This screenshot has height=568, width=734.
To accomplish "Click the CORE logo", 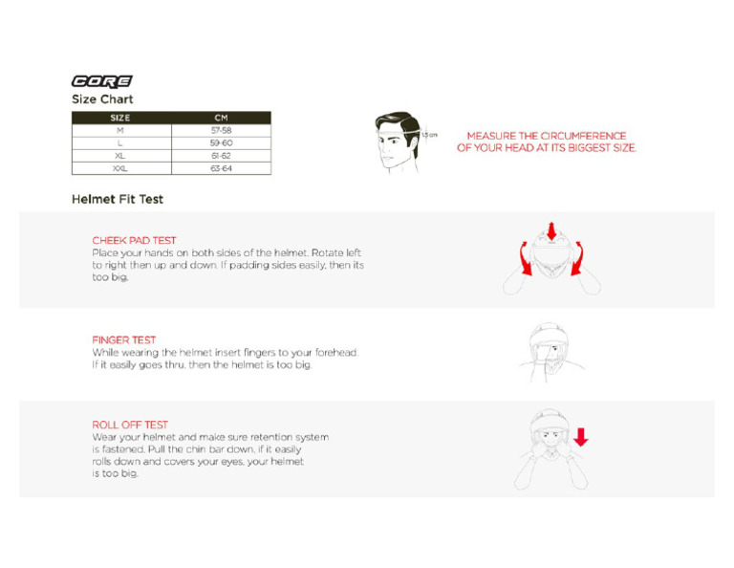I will (102, 81).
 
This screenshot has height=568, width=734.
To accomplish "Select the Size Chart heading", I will (102, 99).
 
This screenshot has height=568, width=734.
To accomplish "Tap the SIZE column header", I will (120, 119).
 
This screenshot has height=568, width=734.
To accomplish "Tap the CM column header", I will (221, 119).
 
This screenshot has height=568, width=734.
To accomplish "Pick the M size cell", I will (120, 130).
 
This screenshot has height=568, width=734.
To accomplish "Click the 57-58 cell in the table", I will (221, 130).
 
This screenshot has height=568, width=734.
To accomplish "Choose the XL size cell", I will (120, 155).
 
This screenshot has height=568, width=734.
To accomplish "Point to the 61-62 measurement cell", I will (221, 155).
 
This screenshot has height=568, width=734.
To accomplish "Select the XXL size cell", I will (120, 168).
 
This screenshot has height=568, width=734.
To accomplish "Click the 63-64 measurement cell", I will (221, 168).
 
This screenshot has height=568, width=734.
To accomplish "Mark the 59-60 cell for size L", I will (221, 142).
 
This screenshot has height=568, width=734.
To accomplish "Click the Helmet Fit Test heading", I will (117, 200).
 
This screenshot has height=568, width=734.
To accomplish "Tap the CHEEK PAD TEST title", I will (134, 240).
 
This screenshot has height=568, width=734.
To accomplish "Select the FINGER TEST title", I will (123, 339).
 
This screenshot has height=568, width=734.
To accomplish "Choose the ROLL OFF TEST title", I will (130, 425).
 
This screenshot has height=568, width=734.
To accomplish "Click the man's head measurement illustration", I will (398, 142).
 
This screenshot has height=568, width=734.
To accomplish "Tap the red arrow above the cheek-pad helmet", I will (550, 230).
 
